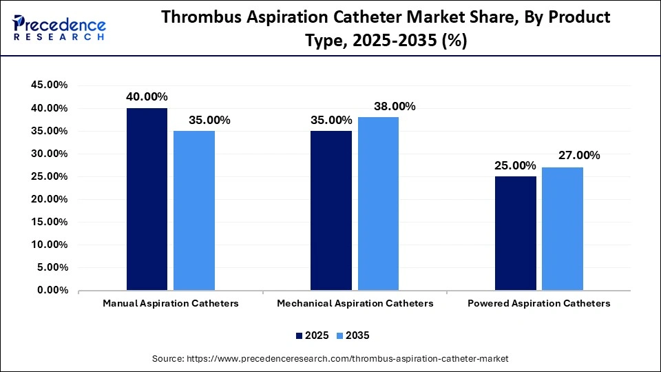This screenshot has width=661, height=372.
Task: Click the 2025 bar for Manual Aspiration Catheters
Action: (x=147, y=199)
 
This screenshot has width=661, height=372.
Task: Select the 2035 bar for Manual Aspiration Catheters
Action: (x=194, y=210)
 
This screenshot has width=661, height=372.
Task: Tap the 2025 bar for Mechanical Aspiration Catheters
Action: (x=331, y=210)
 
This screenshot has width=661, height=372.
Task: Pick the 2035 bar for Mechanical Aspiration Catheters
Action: (x=378, y=203)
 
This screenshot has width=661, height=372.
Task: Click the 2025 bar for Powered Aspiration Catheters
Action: (x=516, y=233)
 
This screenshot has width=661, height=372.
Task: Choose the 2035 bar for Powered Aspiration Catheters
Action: (x=563, y=229)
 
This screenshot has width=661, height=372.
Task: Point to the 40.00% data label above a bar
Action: (x=147, y=97)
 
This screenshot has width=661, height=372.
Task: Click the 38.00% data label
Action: (x=395, y=106)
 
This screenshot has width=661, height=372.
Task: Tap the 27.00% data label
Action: (x=579, y=156)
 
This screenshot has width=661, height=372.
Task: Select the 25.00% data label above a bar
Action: (x=515, y=165)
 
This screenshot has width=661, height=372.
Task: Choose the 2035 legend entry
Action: (x=353, y=335)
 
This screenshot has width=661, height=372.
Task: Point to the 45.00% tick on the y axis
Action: (x=49, y=85)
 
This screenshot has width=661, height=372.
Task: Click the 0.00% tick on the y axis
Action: (x=52, y=291)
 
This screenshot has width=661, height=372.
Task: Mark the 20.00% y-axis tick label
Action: (x=49, y=199)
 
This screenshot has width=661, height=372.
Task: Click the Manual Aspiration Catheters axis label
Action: (x=171, y=304)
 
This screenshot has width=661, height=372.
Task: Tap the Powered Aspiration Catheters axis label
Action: (x=538, y=304)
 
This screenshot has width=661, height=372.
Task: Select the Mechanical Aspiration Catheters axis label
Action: (x=355, y=304)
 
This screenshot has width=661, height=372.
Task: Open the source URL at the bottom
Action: (x=330, y=359)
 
